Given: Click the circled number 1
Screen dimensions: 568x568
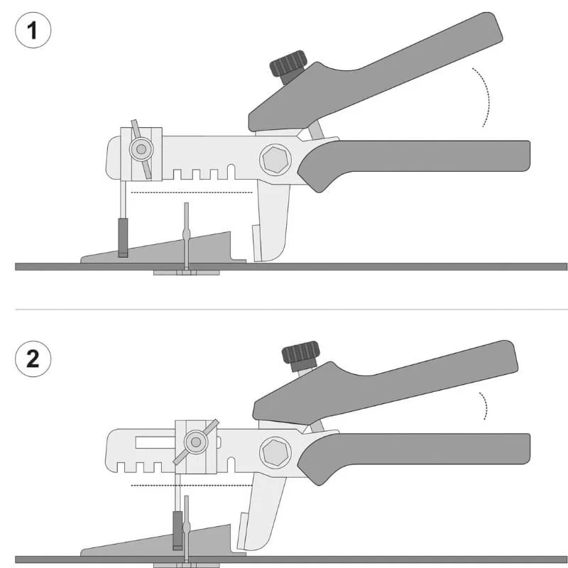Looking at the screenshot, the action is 33,30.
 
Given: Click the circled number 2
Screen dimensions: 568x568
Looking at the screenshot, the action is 33,359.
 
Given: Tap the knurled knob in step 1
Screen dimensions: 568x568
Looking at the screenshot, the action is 288,64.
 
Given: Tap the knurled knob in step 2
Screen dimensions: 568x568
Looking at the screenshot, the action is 300,351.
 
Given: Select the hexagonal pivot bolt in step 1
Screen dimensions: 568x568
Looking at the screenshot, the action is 275,160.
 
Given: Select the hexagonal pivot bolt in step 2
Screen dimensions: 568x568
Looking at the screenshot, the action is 275,452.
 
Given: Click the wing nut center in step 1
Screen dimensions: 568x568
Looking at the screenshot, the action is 141,149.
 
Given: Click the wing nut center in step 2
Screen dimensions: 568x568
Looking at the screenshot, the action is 196,442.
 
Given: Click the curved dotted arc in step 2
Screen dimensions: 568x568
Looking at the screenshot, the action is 486,405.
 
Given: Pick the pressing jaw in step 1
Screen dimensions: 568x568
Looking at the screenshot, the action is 272,221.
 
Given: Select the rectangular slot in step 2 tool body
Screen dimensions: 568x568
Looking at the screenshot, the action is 155,442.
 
